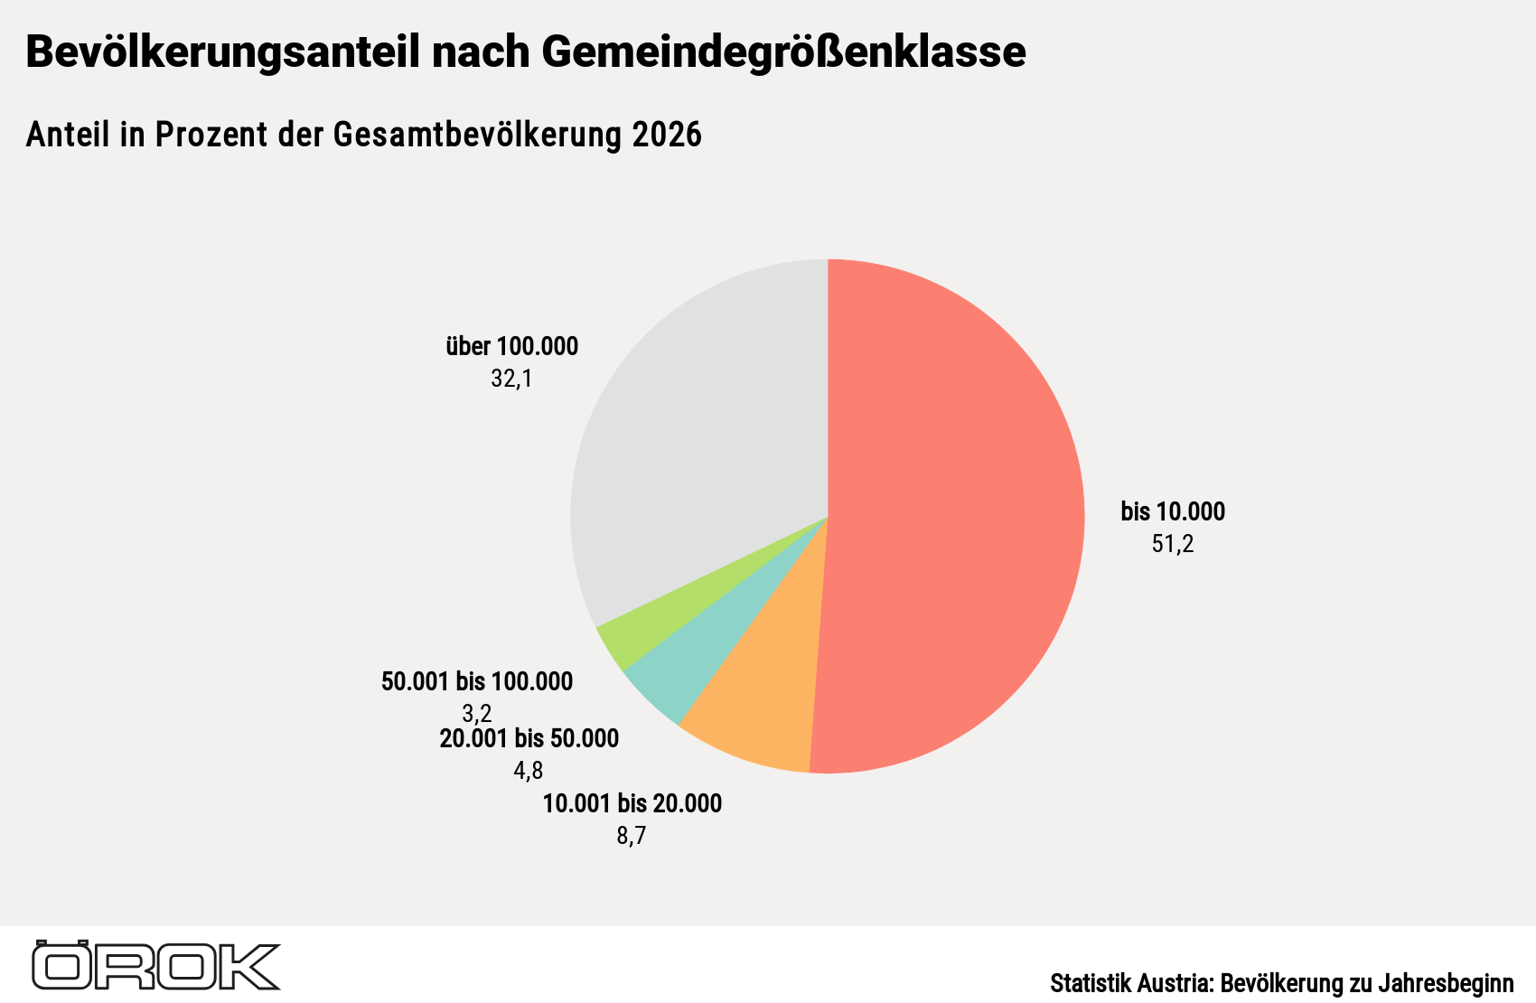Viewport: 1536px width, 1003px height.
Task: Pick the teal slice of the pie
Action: (x=693, y=651)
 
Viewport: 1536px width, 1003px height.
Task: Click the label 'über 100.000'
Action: (x=512, y=346)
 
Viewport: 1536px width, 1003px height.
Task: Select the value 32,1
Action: (x=511, y=379)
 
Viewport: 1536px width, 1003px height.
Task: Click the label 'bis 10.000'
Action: (x=1173, y=511)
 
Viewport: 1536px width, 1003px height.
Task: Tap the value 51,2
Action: (x=1173, y=544)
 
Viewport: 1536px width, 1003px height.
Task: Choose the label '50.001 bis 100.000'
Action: (x=477, y=681)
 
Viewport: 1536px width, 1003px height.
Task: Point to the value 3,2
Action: (x=477, y=714)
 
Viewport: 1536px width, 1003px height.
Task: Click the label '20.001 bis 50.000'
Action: (x=529, y=738)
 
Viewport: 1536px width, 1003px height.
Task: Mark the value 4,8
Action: (x=529, y=771)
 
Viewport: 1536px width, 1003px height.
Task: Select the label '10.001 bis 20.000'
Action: (x=632, y=803)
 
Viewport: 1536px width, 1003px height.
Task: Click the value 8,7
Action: (x=632, y=836)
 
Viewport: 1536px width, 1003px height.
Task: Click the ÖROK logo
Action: (x=156, y=965)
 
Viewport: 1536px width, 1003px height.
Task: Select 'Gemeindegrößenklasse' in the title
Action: (x=783, y=52)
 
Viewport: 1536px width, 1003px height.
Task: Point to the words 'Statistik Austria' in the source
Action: (x=1131, y=982)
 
